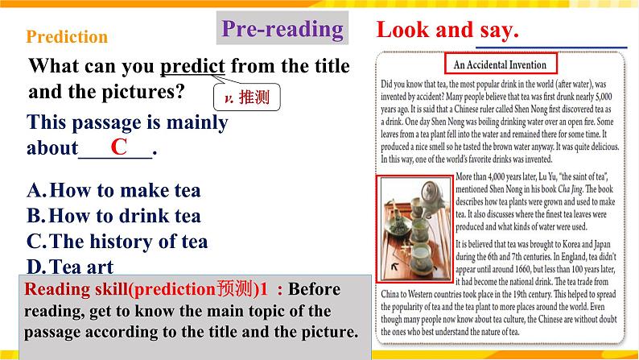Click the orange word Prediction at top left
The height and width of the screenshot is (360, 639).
tap(67, 37)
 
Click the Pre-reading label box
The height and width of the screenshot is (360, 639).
tap(282, 30)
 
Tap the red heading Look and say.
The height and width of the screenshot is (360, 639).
tap(447, 31)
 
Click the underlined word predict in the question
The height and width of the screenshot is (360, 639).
tap(193, 66)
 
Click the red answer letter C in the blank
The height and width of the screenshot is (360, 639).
tap(119, 147)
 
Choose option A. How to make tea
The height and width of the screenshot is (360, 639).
tap(113, 191)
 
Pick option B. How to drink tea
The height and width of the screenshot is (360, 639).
tap(113, 216)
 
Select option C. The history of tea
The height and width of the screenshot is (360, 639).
tap(117, 241)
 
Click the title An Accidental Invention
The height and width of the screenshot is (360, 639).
tap(494, 64)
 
